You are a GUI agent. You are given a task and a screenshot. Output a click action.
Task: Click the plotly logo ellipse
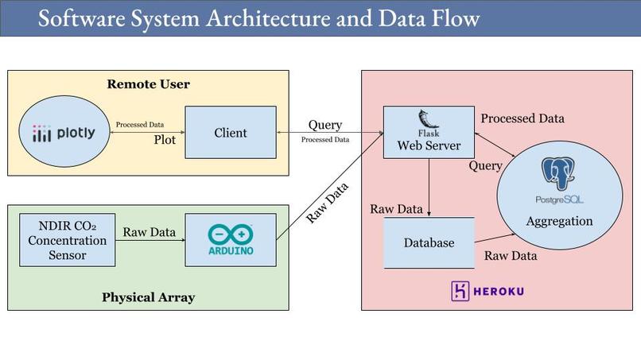click(64, 132)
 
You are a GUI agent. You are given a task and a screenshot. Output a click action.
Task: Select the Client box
click(231, 133)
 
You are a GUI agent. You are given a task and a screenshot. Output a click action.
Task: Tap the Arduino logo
click(231, 239)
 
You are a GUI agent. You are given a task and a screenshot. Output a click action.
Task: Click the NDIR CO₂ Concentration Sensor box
click(68, 240)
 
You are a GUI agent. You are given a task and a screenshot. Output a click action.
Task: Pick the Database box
click(429, 242)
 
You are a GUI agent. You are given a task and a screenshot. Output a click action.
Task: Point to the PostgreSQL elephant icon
click(558, 174)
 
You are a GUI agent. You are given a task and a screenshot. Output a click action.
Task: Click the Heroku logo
click(488, 291)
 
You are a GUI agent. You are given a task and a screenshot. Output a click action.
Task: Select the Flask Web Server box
click(429, 133)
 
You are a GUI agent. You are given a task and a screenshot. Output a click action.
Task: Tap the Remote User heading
click(149, 84)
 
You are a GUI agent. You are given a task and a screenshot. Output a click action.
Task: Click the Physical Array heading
click(149, 297)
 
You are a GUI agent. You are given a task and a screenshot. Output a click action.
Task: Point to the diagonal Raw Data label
click(327, 203)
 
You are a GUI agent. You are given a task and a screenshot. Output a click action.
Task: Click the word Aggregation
click(559, 221)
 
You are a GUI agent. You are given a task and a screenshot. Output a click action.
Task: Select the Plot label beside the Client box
click(165, 140)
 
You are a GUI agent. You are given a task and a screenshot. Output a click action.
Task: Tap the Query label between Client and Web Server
click(325, 125)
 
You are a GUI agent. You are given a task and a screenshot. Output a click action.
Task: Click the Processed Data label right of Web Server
click(523, 118)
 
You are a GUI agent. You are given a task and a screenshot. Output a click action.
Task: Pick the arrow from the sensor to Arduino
click(150, 240)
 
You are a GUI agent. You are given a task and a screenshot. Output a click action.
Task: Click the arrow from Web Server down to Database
click(429, 187)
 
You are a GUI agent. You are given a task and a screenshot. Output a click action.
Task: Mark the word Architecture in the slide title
click(269, 18)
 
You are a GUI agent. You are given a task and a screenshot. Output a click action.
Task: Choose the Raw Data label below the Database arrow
click(511, 256)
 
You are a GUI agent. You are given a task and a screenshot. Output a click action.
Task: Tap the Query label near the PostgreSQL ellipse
click(485, 166)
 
